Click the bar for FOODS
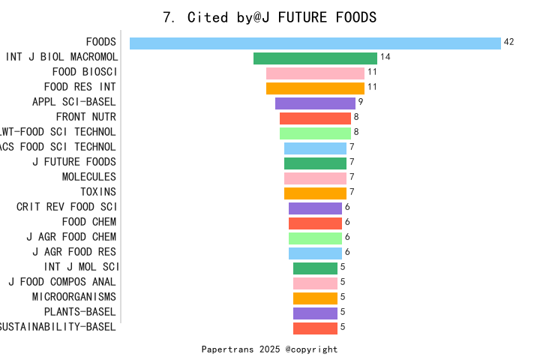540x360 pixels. [315, 43]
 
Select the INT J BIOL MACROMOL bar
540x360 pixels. [315, 58]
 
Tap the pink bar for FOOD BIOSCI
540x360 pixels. [315, 73]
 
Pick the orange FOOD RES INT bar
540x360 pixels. [315, 88]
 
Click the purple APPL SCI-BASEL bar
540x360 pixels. [315, 103]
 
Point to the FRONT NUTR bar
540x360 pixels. [315, 118]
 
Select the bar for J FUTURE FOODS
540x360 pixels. [315, 163]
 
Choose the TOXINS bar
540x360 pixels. [315, 193]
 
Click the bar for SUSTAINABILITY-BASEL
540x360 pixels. [315, 328]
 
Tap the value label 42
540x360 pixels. [508, 42]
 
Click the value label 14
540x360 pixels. [385, 57]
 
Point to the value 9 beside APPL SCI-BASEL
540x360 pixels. [361, 102]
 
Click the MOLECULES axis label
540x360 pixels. [89, 177]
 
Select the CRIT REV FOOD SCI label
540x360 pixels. [67, 207]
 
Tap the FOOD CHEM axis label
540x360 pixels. [89, 222]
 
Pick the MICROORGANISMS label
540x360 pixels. [74, 297]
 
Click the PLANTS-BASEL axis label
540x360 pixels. [80, 312]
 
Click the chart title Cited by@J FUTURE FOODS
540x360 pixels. [270, 17]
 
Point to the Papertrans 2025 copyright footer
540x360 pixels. [270, 349]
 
